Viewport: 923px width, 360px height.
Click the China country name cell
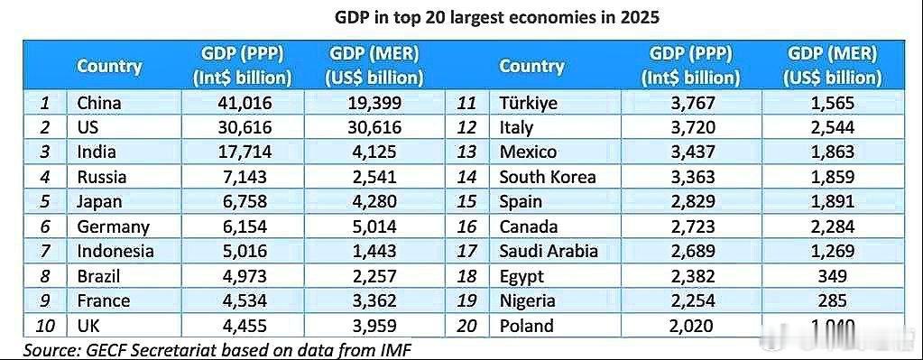(x=99, y=103)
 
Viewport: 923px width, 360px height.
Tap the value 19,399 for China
(x=375, y=103)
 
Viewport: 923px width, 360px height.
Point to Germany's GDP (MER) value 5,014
(x=375, y=227)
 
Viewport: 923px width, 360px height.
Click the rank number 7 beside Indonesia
(x=45, y=252)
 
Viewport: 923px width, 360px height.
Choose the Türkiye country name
(x=529, y=103)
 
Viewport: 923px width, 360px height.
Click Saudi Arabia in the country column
(x=549, y=252)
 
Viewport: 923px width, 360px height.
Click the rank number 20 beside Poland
(x=466, y=327)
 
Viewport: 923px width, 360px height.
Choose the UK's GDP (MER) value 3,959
(x=375, y=327)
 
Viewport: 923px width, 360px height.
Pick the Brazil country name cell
(x=99, y=277)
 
